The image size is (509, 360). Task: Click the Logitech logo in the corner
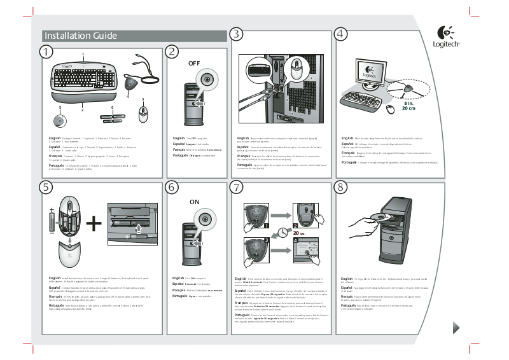click(446, 37)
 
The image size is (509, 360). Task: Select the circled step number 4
click(341, 34)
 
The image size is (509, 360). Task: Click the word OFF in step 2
click(194, 64)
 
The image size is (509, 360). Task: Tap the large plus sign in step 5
click(94, 223)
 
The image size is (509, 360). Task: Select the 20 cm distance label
click(408, 109)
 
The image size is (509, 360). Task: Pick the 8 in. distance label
click(408, 103)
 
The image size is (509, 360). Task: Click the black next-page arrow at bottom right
click(456, 328)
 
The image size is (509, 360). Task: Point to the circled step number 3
click(237, 34)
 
